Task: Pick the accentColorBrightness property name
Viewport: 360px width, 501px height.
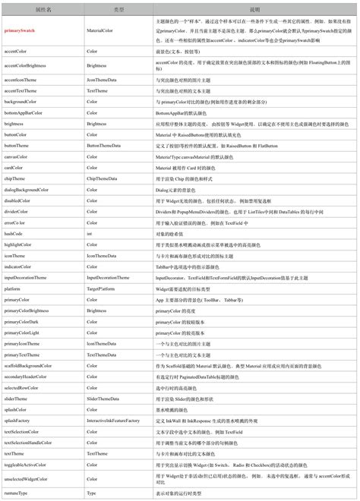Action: coord(26,66)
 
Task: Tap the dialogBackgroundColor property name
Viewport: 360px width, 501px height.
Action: coord(27,189)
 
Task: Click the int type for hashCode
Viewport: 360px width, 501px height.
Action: coord(89,234)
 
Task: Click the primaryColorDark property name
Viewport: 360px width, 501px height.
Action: coord(23,322)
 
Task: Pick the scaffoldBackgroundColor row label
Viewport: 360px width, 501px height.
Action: coord(28,366)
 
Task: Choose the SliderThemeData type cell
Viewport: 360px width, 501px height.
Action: coord(103,399)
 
